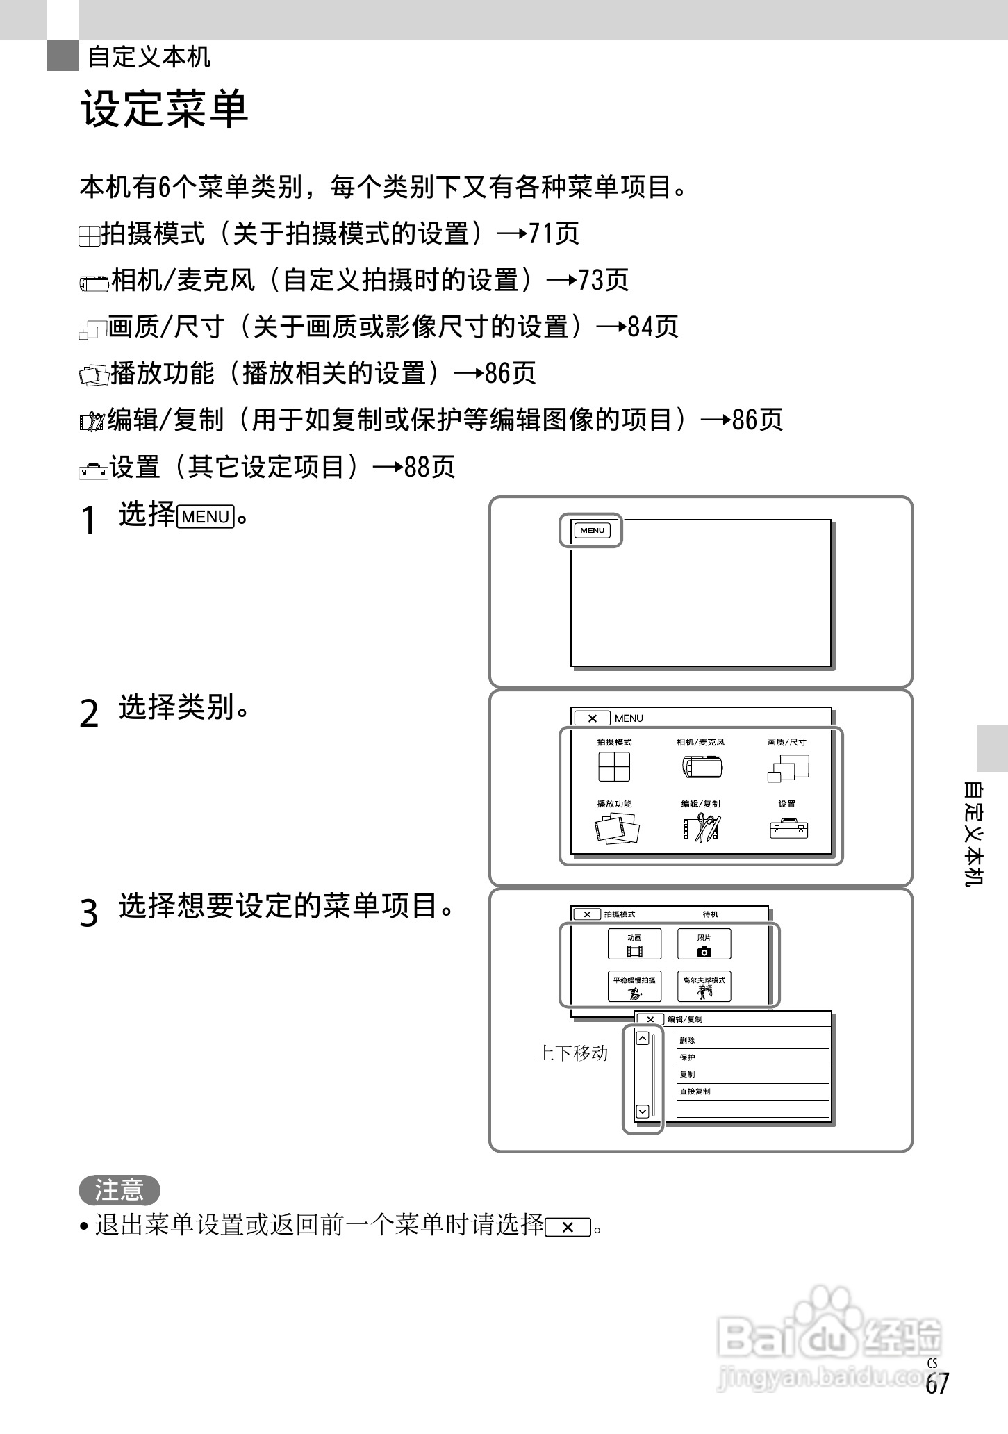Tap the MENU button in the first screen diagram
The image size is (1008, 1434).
pyautogui.click(x=592, y=531)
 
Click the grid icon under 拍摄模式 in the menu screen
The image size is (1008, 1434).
pyautogui.click(x=614, y=767)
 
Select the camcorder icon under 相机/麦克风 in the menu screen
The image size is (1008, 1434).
pyautogui.click(x=702, y=767)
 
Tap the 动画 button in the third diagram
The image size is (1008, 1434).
pyautogui.click(x=634, y=944)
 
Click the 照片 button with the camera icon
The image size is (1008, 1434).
pyautogui.click(x=704, y=944)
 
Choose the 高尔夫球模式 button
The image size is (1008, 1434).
pyautogui.click(x=704, y=986)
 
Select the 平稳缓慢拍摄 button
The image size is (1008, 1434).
pyautogui.click(x=634, y=986)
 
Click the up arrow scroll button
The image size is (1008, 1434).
pyautogui.click(x=643, y=1039)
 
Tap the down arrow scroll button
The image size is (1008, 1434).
pyautogui.click(x=643, y=1112)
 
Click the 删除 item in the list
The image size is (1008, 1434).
pyautogui.click(x=687, y=1041)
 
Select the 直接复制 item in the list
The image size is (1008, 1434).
pyautogui.click(x=695, y=1091)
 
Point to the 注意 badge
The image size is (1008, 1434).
pyautogui.click(x=119, y=1190)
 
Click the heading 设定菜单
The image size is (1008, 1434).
pyautogui.click(x=165, y=109)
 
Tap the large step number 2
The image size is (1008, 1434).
pyautogui.click(x=90, y=714)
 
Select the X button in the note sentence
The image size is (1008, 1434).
pyautogui.click(x=568, y=1228)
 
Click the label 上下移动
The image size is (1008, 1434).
pyautogui.click(x=572, y=1053)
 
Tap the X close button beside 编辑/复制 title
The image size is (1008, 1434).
pyautogui.click(x=650, y=1019)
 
